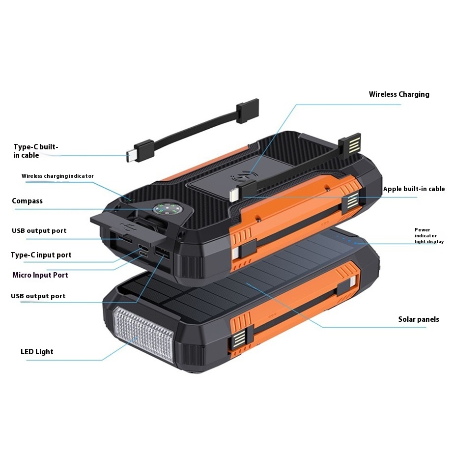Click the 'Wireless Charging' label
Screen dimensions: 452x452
click(x=399, y=94)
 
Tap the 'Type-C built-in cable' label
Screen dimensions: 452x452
click(x=35, y=151)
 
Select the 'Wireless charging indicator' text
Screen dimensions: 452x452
click(x=57, y=176)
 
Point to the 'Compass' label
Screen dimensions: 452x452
click(x=27, y=201)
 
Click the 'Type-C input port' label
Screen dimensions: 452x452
click(x=41, y=255)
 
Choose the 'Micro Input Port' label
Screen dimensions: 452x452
click(x=40, y=275)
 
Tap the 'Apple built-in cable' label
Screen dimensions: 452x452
click(x=414, y=189)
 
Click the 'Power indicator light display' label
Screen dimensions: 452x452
click(x=429, y=236)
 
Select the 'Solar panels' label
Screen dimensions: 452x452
click(x=419, y=319)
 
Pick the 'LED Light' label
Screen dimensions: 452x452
click(x=37, y=352)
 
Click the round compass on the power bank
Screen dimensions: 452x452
click(x=166, y=210)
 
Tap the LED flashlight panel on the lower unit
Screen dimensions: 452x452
click(x=143, y=335)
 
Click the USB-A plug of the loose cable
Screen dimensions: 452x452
click(x=247, y=111)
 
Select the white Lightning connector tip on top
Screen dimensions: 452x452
click(x=233, y=195)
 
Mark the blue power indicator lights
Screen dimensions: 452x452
click(x=346, y=240)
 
